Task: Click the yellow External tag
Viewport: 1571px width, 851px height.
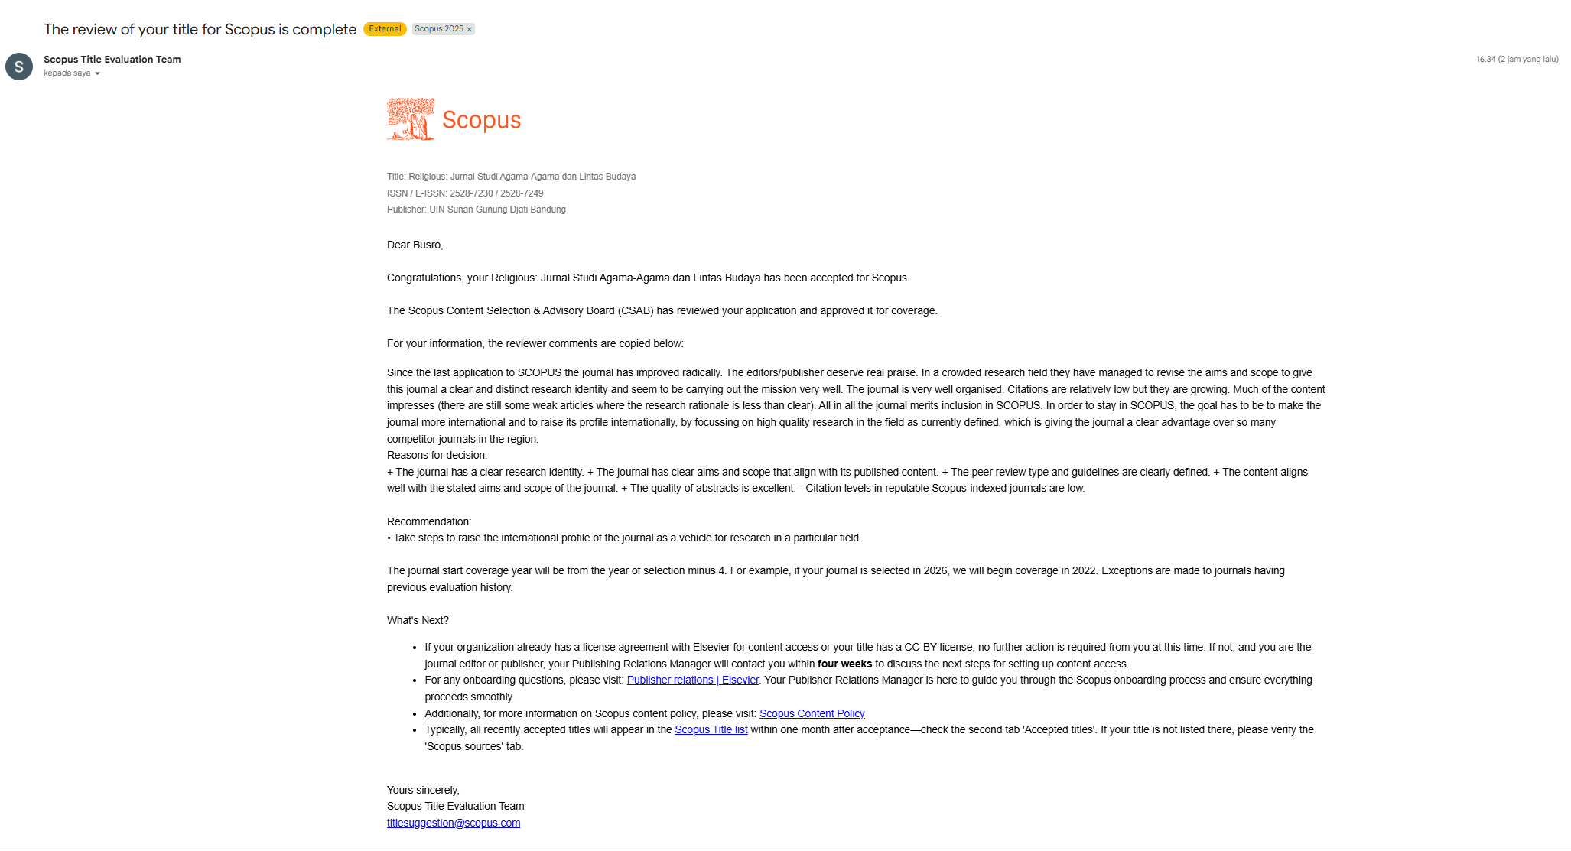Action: tap(385, 29)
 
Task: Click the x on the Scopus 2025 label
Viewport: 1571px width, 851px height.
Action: tap(470, 29)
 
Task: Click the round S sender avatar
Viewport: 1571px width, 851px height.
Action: tap(19, 67)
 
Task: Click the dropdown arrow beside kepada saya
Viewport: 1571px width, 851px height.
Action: tap(97, 73)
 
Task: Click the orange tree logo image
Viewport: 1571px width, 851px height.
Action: tap(411, 119)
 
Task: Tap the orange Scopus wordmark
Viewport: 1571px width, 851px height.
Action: tap(481, 120)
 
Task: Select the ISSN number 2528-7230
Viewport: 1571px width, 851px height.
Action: tap(471, 193)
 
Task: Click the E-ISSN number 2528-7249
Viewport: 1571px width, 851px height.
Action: tap(522, 193)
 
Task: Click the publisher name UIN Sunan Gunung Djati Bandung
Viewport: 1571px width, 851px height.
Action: tap(497, 210)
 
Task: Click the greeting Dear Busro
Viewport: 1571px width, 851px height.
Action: tap(415, 245)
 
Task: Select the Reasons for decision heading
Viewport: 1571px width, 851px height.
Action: tap(437, 455)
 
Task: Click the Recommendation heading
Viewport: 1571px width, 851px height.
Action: tap(429, 521)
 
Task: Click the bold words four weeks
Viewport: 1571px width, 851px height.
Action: tap(844, 664)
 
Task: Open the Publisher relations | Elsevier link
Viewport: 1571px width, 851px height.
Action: tap(693, 680)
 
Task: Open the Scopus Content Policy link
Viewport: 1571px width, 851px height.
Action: tap(812, 713)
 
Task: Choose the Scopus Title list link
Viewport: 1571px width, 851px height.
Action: tap(711, 729)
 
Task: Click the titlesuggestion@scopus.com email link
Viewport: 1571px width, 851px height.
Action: tap(454, 823)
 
